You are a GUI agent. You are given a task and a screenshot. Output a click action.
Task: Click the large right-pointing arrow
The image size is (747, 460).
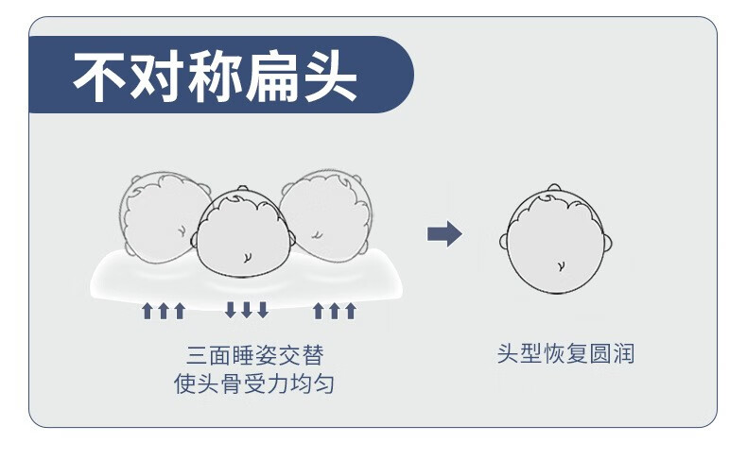[444, 234]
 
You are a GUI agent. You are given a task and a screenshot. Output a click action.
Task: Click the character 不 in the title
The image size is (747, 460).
[99, 77]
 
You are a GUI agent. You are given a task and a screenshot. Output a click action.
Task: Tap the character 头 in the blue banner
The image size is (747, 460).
[331, 77]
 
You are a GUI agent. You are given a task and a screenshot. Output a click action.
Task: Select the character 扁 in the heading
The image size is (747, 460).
[273, 77]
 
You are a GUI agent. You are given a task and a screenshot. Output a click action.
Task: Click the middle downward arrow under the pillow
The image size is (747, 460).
[247, 310]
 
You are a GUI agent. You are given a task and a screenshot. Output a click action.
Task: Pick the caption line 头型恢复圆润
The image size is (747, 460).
[565, 354]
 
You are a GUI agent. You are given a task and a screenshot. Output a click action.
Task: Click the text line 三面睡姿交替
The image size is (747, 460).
[255, 355]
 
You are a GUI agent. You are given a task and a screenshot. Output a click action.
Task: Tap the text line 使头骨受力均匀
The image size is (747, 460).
[254, 383]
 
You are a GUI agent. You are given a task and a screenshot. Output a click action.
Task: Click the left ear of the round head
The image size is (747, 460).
[504, 241]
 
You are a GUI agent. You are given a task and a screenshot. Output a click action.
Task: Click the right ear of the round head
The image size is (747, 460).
[608, 243]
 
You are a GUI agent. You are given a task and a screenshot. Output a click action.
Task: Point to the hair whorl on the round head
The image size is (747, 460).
[562, 265]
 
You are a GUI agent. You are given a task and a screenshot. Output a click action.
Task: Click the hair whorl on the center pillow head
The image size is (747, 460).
[247, 257]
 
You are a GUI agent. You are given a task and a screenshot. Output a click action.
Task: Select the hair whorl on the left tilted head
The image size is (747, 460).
[182, 231]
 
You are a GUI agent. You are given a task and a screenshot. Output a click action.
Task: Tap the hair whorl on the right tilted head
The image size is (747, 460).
[317, 234]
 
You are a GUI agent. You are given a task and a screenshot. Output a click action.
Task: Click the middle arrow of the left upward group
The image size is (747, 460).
[164, 311]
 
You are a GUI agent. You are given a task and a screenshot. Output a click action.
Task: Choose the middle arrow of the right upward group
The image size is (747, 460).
[335, 311]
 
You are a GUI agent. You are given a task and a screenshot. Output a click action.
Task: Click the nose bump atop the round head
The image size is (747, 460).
[553, 187]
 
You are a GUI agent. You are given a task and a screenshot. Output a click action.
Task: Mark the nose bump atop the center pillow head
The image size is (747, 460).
[243, 188]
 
